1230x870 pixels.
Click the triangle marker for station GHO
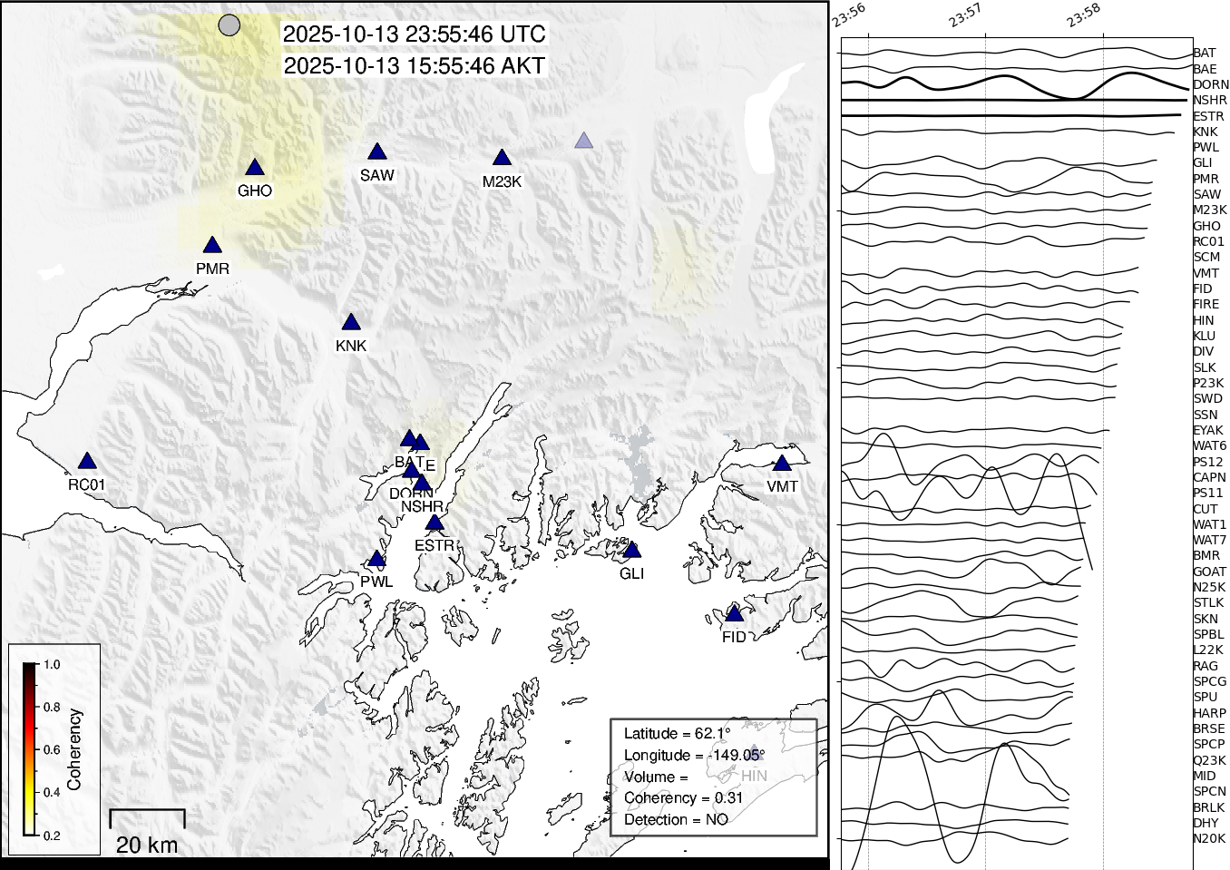coord(255,168)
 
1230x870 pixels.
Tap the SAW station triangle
coord(377,152)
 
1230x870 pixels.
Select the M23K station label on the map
coord(502,181)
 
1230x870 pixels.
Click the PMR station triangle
coord(212,246)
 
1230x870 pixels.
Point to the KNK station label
coord(351,346)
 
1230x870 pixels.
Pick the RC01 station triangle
coord(87,462)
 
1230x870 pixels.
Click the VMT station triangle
coord(782,464)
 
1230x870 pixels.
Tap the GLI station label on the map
coord(631,573)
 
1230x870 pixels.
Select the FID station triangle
coord(735,615)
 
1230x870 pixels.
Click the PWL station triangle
coord(376,560)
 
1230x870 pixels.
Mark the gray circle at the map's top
coord(230,25)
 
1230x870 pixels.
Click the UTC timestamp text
coord(415,34)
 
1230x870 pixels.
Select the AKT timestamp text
coord(415,66)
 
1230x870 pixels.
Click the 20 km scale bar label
coord(147,845)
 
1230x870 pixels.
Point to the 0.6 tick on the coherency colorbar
coord(52,749)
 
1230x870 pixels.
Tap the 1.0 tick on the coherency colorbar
coord(52,664)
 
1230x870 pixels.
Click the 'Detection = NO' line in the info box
coord(676,819)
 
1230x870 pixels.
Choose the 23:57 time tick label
coord(965,15)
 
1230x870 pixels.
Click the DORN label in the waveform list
coord(1210,84)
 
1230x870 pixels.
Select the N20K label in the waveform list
coord(1208,838)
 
